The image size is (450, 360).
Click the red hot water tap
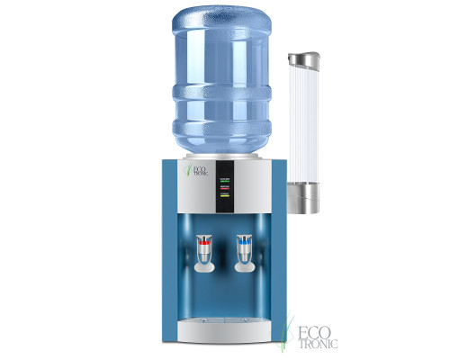tap(205, 242)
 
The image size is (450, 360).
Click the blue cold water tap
tap(243, 242)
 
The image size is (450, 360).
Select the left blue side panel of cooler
tap(173, 252)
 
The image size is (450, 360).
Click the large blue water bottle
tap(223, 81)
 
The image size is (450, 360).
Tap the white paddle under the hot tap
tap(205, 263)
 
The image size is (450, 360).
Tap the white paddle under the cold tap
tap(243, 263)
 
